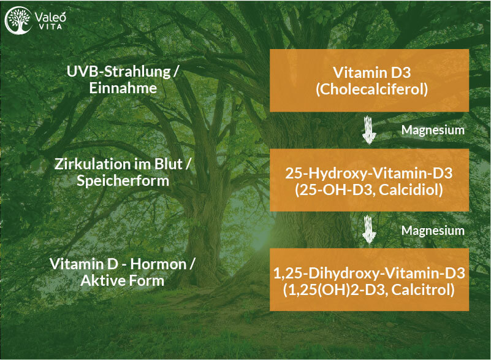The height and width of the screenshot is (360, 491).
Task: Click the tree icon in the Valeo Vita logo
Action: pos(18,20)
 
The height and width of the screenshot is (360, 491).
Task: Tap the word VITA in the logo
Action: pos(50,26)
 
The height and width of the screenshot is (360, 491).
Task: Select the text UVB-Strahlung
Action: pos(118,72)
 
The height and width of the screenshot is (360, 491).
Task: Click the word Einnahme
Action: pos(123,88)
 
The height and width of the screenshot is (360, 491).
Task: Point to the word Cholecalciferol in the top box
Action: pos(371,90)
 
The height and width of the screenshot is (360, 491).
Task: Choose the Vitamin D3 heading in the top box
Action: pos(371,73)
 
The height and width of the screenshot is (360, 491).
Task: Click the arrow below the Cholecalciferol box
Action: pos(369,130)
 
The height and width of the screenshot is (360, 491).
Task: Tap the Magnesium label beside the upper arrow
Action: pos(433,130)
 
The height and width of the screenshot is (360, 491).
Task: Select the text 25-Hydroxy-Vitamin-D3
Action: pos(368,174)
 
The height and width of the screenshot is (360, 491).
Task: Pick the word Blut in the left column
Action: pos(168,164)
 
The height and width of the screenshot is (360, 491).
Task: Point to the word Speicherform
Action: pos(123,181)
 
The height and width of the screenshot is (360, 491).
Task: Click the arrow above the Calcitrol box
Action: pos(369,229)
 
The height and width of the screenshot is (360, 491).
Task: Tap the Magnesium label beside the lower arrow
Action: pos(433,231)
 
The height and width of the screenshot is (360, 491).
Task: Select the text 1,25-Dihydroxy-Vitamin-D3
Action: pos(369,273)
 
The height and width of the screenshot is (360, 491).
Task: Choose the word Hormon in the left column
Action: pos(158,264)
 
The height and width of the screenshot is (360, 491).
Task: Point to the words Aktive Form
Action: pos(122,281)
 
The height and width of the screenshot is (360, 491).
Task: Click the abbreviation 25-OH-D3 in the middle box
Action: pos(337,190)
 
